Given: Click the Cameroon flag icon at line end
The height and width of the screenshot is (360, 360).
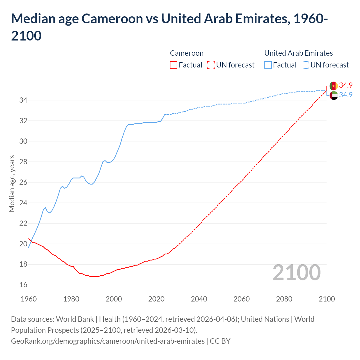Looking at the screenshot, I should tap(334, 86).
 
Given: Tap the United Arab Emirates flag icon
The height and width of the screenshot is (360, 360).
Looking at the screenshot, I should tap(334, 95).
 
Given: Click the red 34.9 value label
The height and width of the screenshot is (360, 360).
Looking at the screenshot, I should tap(346, 85).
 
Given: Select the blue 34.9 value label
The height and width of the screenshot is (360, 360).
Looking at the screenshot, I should tap(346, 95).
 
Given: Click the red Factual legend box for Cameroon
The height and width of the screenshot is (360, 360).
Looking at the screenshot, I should tap(174, 65).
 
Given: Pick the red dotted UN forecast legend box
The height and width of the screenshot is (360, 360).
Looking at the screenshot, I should tap(211, 65).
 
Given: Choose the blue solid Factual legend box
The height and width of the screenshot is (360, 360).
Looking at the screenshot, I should tap(268, 65).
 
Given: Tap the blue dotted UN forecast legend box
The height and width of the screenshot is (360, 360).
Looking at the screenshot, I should tap(305, 65).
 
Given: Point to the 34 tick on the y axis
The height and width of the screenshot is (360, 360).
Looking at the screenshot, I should tap(23, 100).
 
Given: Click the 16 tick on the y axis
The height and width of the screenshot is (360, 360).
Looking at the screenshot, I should tap(23, 285).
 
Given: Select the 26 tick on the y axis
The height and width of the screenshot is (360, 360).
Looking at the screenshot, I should tap(23, 182).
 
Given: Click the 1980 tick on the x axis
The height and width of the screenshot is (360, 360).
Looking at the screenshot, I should tap(71, 299).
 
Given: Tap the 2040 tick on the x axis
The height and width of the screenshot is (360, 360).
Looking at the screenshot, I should tap(199, 299).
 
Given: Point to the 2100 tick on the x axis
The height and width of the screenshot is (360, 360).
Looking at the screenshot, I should tap(327, 299).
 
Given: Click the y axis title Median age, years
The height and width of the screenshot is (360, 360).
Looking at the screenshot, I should tap(12, 183).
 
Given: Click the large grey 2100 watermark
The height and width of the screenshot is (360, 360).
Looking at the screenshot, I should tap(296, 272).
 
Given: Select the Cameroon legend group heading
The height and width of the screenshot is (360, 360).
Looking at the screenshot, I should tap(187, 53).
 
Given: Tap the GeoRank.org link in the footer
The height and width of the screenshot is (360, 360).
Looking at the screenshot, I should tap(108, 341).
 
